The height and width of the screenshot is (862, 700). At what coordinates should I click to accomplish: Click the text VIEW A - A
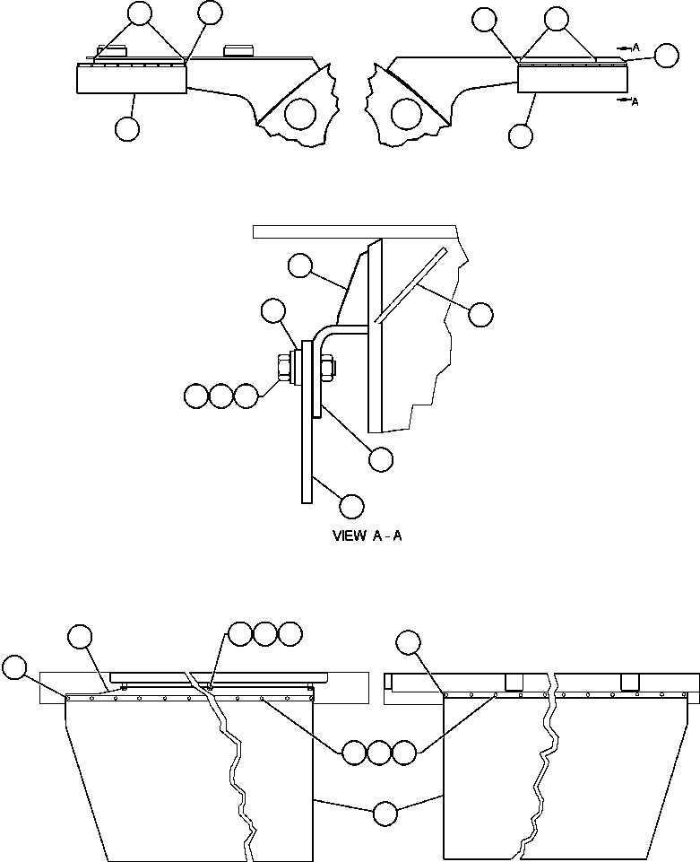pos(367,536)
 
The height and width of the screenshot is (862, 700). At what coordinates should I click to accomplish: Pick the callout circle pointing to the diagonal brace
pos(481,313)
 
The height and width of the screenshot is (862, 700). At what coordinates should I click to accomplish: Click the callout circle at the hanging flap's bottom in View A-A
pos(352,506)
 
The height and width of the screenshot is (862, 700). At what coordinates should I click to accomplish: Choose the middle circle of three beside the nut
pos(221,395)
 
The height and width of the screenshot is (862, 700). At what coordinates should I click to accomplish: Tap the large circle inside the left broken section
pos(302,114)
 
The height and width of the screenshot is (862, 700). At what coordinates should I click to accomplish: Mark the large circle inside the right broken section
pos(406,114)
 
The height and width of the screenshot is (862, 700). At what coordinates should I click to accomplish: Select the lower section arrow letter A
pos(635,102)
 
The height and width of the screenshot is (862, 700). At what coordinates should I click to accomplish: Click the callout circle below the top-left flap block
pos(127,129)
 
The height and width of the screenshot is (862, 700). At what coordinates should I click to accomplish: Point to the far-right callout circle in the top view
pos(666,56)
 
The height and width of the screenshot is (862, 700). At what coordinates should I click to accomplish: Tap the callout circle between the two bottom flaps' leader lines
pos(385,814)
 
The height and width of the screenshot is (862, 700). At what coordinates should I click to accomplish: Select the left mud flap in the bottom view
pos(152,780)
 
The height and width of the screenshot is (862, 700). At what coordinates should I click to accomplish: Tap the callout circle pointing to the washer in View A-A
pos(273,311)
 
